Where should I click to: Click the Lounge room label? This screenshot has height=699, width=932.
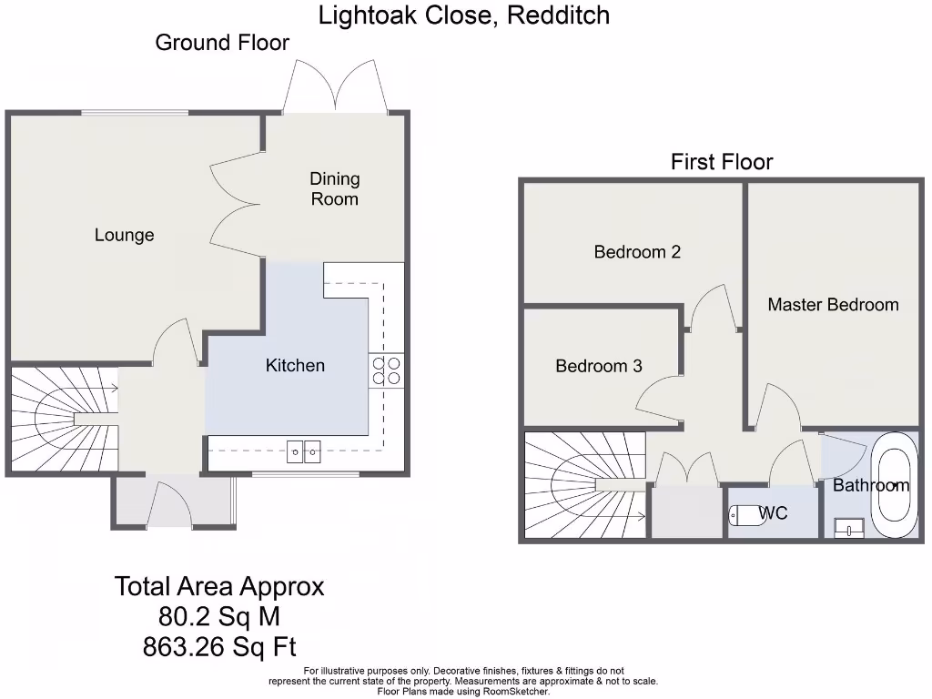coord(125,235)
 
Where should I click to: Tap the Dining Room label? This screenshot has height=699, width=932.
coord(335,189)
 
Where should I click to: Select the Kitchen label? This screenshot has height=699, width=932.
coord(295,365)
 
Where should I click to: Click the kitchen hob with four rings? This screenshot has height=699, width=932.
coord(386,370)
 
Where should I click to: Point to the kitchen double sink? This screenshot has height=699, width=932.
coord(304,450)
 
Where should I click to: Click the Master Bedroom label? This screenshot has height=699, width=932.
coord(833,305)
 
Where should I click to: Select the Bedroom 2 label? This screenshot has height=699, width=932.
coord(637,252)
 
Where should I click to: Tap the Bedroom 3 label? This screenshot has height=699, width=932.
coord(599,366)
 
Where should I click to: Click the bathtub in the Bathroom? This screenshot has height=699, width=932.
coord(890,485)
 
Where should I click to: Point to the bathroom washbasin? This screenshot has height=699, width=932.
coord(848,527)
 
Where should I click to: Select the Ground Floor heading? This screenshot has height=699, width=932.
coord(222,43)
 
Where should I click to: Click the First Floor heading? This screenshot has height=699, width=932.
coord(722,162)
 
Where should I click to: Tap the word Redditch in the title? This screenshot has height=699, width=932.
coord(559,15)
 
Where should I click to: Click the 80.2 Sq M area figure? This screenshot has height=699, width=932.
coord(219,617)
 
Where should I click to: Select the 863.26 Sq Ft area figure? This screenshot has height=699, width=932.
coord(219,647)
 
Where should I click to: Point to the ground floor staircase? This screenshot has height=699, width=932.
coord(64,419)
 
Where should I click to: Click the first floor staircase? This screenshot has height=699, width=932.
coord(582,487)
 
